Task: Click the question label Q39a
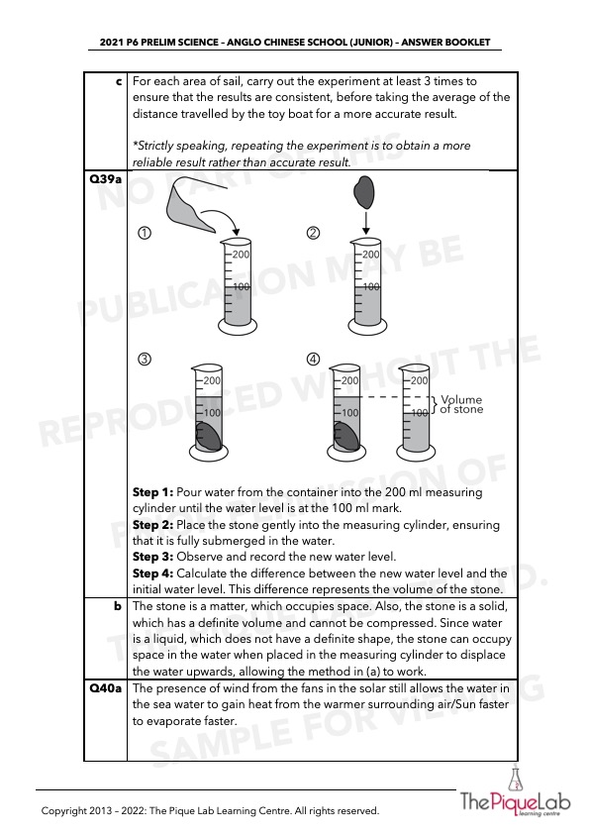(x=105, y=179)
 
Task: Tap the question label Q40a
(x=105, y=688)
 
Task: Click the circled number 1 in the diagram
(x=145, y=233)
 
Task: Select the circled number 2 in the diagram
(x=313, y=233)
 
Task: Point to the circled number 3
(x=145, y=359)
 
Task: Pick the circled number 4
(x=313, y=359)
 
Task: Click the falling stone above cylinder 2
(x=364, y=192)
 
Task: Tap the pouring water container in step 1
(x=189, y=210)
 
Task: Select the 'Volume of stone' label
(x=461, y=404)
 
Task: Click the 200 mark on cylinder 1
(x=241, y=255)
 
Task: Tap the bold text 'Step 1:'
(x=153, y=492)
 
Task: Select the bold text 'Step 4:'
(x=153, y=573)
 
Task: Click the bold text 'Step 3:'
(x=153, y=557)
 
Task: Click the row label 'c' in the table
(x=119, y=81)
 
